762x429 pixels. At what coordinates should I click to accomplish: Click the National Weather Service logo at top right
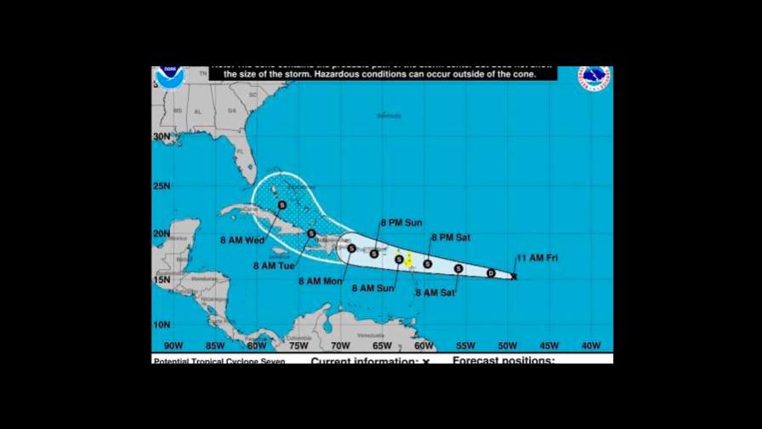point(594,78)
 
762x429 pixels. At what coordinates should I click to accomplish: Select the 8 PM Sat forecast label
point(451,237)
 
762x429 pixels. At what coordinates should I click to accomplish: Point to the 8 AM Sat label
point(435,293)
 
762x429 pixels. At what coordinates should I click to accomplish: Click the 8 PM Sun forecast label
point(401,223)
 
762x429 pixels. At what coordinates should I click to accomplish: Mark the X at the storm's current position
point(514,276)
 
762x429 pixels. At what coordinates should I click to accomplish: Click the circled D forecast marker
point(491,272)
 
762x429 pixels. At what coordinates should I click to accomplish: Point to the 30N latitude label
point(161,136)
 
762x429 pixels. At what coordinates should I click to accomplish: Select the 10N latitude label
point(161,324)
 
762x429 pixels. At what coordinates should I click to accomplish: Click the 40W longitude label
point(590,346)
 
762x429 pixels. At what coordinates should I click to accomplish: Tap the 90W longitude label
point(173,346)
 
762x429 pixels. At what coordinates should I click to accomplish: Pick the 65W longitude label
point(382,346)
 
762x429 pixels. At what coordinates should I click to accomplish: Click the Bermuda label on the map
point(389,116)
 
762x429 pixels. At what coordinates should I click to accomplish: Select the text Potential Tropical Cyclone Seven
point(219,361)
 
